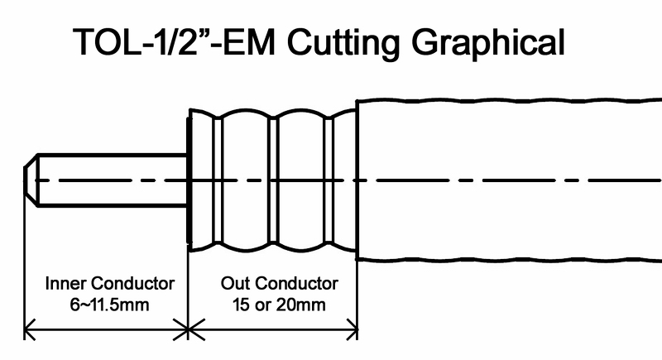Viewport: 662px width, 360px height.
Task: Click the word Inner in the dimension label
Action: click(x=63, y=283)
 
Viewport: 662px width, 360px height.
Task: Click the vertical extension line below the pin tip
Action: click(x=24, y=265)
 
